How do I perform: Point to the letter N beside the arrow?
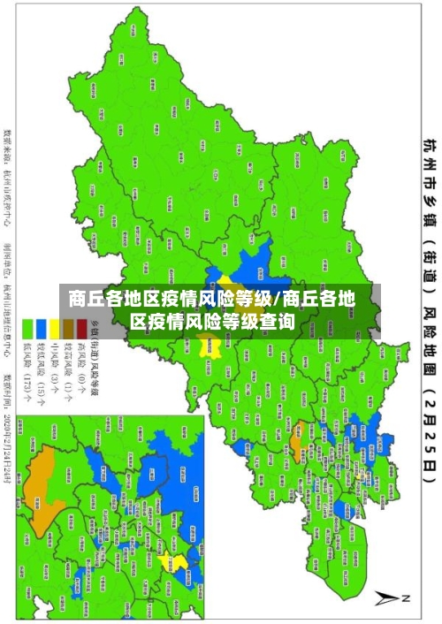point(408,598)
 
